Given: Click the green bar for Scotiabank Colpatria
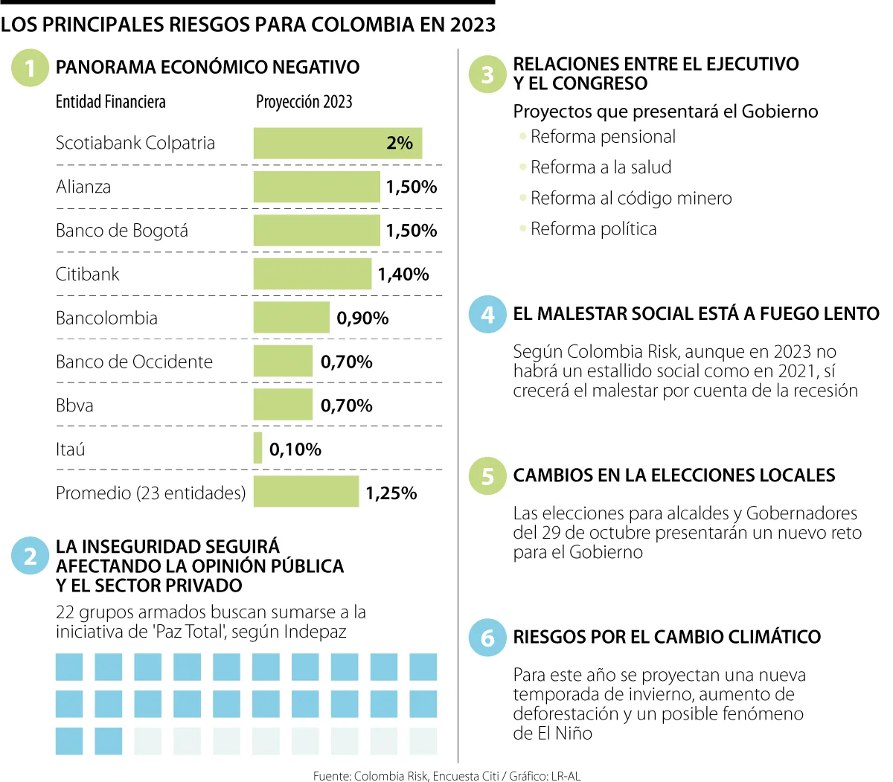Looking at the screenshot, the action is [337, 143].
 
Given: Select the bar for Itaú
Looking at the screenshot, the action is [257, 448].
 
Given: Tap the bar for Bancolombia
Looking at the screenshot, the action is [291, 317].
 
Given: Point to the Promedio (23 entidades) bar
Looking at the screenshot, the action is [306, 491].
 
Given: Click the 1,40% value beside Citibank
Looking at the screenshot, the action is [403, 274].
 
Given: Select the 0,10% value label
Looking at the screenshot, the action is [295, 449].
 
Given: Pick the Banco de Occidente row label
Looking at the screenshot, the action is [134, 362].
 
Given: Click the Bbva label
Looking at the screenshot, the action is [74, 406].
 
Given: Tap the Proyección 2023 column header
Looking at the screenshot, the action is [304, 102].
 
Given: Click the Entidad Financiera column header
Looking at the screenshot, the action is [110, 102].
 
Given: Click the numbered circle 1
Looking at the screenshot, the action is [30, 68].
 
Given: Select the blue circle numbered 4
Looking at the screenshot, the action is [487, 314].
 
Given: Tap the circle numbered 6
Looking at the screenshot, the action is [487, 638].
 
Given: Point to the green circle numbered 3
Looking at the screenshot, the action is [487, 74].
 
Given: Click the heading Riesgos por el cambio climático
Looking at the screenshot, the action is [667, 637].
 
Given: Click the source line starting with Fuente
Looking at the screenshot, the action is [446, 775].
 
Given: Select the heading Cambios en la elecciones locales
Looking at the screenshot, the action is [674, 475].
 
